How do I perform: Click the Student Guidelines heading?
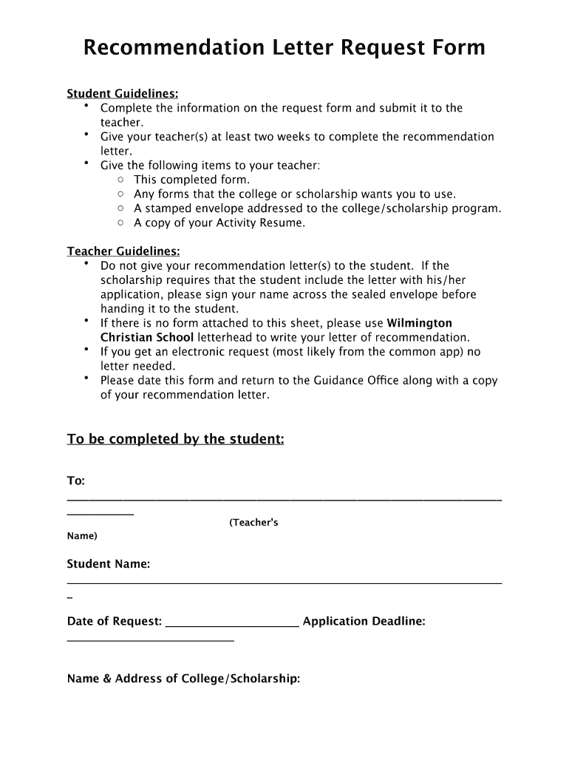click(123, 94)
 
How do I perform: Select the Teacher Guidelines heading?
click(123, 251)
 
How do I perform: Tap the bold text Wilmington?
click(420, 323)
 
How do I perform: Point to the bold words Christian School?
click(147, 337)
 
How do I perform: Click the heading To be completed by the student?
click(175, 439)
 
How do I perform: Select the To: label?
click(76, 481)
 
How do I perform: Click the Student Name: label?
click(109, 564)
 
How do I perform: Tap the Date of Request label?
click(114, 621)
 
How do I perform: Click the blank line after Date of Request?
click(232, 625)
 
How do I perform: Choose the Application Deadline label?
click(364, 621)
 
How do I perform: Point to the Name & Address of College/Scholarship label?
click(183, 678)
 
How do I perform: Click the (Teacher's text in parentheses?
click(253, 523)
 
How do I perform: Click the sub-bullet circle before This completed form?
click(120, 180)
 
